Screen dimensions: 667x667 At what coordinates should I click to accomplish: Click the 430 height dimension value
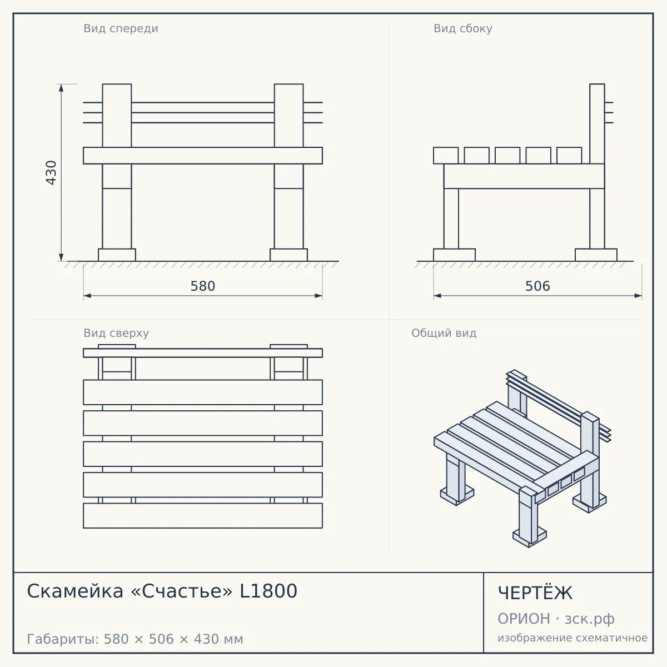tap(51, 172)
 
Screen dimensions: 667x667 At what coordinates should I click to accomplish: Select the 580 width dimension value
tap(203, 286)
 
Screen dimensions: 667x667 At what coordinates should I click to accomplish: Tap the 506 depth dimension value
tap(537, 286)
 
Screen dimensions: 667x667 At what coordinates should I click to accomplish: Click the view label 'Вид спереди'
tap(121, 28)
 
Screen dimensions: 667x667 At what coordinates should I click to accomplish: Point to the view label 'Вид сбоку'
tap(463, 28)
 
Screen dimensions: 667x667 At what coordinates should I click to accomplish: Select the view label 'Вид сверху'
tap(116, 333)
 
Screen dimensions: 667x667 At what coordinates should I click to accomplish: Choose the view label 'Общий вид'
tap(444, 333)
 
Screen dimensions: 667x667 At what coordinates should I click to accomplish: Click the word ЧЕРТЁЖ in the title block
tap(535, 593)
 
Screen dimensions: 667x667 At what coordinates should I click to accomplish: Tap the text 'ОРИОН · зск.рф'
tap(556, 619)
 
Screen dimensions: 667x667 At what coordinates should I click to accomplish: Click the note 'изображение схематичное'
tap(573, 638)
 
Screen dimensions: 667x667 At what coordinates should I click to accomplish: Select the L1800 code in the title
tap(268, 591)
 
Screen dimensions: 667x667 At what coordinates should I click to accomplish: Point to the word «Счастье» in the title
tap(182, 591)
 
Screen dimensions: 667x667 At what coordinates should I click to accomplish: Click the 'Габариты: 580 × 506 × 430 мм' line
tap(135, 639)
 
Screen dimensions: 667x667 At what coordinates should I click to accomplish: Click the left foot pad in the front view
tap(117, 255)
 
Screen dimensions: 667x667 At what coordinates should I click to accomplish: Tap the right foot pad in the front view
tap(288, 255)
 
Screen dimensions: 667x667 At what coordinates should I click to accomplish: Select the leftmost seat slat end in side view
tap(446, 156)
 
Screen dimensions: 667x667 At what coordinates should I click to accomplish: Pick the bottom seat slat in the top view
tap(203, 516)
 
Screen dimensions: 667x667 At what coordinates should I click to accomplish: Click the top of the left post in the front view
tap(117, 84)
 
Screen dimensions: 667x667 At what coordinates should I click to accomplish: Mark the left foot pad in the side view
tap(454, 255)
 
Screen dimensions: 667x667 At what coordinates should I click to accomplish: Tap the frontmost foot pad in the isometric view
tap(529, 537)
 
